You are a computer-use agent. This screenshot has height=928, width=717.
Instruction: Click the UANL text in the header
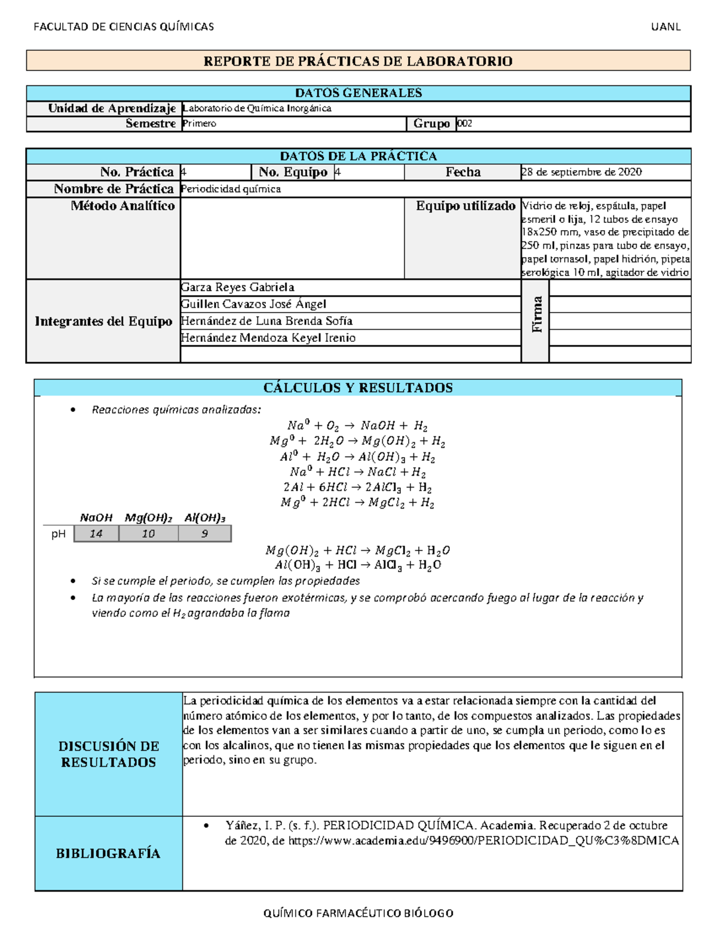pyautogui.click(x=666, y=27)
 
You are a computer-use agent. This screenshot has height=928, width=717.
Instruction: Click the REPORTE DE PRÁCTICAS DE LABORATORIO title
pyautogui.click(x=358, y=61)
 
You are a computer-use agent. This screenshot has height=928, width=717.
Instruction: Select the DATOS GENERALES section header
pyautogui.click(x=358, y=93)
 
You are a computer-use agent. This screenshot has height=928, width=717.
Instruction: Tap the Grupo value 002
pyautogui.click(x=465, y=124)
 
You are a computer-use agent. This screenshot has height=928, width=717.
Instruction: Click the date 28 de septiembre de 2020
pyautogui.click(x=581, y=172)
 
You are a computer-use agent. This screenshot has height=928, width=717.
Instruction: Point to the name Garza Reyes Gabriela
pyautogui.click(x=237, y=287)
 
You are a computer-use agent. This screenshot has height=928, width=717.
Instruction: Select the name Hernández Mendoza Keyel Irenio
pyautogui.click(x=268, y=338)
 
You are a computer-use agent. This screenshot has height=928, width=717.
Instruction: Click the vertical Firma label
pyautogui.click(x=537, y=314)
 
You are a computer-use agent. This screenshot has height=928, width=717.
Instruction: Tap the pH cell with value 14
pyautogui.click(x=96, y=534)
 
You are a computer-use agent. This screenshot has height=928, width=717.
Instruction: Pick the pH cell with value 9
pyautogui.click(x=205, y=534)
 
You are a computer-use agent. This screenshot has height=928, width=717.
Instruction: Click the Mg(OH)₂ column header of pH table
pyautogui.click(x=148, y=518)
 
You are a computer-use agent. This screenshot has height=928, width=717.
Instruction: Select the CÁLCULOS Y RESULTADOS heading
pyautogui.click(x=358, y=388)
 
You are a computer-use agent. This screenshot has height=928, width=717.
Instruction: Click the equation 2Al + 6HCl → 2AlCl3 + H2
pyautogui.click(x=357, y=488)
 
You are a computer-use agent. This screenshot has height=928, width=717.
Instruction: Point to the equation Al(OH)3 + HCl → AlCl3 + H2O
pyautogui.click(x=357, y=565)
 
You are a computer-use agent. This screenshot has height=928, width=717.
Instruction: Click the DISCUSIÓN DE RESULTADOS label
pyautogui.click(x=109, y=754)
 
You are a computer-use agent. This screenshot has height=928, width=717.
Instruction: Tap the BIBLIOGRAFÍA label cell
pyautogui.click(x=108, y=853)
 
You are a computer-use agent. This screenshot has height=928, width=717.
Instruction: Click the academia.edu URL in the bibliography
pyautogui.click(x=483, y=841)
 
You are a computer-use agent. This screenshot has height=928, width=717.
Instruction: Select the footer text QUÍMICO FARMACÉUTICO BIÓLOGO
pyautogui.click(x=358, y=913)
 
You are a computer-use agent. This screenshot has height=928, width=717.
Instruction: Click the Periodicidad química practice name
pyautogui.click(x=231, y=189)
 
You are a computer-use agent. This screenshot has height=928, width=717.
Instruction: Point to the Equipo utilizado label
pyautogui.click(x=465, y=206)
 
